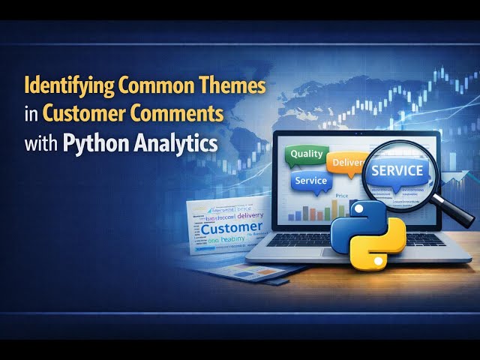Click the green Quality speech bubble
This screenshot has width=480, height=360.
click(x=306, y=154)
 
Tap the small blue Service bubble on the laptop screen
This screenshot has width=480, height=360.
click(x=310, y=181)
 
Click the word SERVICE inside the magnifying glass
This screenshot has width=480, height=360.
click(x=398, y=170)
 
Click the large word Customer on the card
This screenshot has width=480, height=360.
click(x=232, y=227)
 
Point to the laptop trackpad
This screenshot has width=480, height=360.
click(x=315, y=259)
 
